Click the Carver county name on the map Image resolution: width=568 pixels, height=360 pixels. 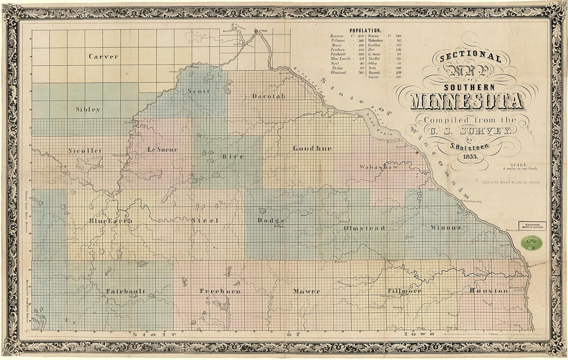[x=103, y=56]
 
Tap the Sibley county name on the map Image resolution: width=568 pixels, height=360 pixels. [x=88, y=109]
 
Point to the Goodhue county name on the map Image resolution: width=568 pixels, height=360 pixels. [x=312, y=148]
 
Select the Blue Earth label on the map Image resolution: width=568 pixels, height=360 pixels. [x=111, y=221]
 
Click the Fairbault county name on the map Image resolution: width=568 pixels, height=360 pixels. [x=125, y=291]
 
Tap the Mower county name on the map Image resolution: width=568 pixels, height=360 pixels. [x=307, y=291]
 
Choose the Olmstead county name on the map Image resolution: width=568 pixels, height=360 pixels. [x=365, y=228]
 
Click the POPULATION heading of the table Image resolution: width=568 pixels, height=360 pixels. [x=366, y=31]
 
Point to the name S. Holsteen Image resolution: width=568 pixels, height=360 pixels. [x=469, y=147]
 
